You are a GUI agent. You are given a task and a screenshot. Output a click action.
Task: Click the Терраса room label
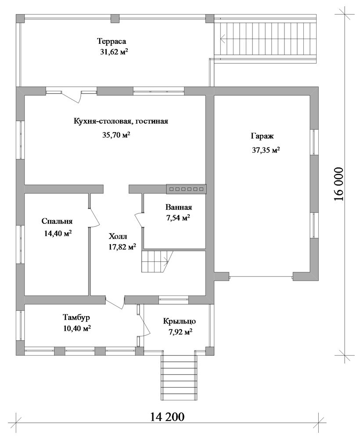112,41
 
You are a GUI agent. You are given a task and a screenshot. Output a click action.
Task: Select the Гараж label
262,137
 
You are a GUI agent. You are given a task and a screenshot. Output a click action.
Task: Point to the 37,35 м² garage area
266,150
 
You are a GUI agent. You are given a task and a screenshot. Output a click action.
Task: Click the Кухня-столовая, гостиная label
121,122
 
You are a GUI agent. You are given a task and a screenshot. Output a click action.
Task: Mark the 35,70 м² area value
116,135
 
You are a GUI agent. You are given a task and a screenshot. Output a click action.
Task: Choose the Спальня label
57,221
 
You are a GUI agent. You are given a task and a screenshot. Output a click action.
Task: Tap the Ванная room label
179,208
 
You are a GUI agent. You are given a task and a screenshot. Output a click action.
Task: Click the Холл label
118,237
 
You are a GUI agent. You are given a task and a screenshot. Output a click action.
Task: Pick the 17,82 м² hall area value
122,247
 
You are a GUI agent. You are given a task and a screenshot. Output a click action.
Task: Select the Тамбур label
76,318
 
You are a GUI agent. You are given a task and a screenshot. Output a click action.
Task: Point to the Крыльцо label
180,321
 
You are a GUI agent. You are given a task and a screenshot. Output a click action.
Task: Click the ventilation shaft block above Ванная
187,189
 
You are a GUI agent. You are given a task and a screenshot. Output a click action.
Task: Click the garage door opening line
261,277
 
